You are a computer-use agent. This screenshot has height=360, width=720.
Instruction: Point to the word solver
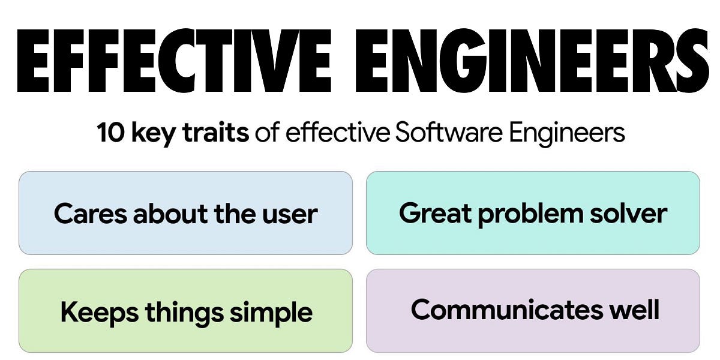tap(630, 214)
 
